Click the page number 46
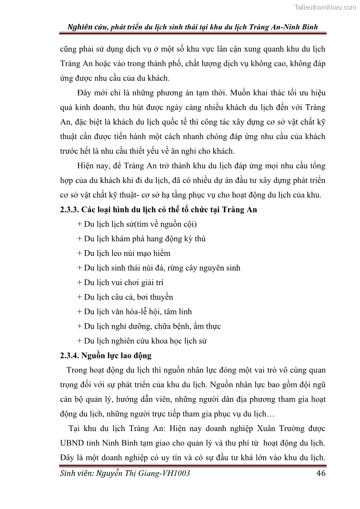(321, 473)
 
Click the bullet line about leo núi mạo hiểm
(124, 253)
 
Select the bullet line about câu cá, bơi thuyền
(125, 297)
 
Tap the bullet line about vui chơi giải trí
(120, 282)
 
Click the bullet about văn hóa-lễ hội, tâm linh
(135, 311)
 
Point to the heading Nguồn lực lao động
(119, 355)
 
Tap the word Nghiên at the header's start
(80, 27)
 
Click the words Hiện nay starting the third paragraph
(92, 166)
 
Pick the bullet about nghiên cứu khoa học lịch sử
(142, 340)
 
